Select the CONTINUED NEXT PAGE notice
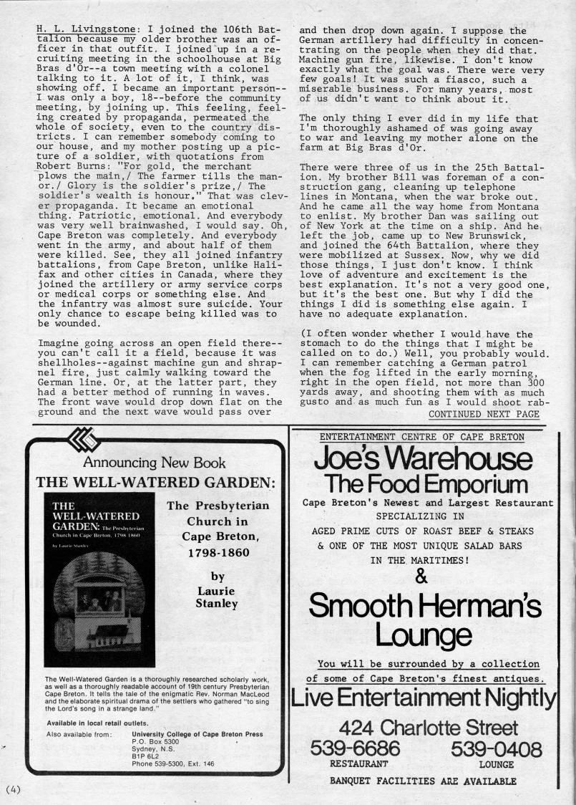(484, 414)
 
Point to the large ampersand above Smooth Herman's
(421, 575)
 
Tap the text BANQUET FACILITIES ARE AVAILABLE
(423, 781)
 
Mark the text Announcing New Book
(154, 463)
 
